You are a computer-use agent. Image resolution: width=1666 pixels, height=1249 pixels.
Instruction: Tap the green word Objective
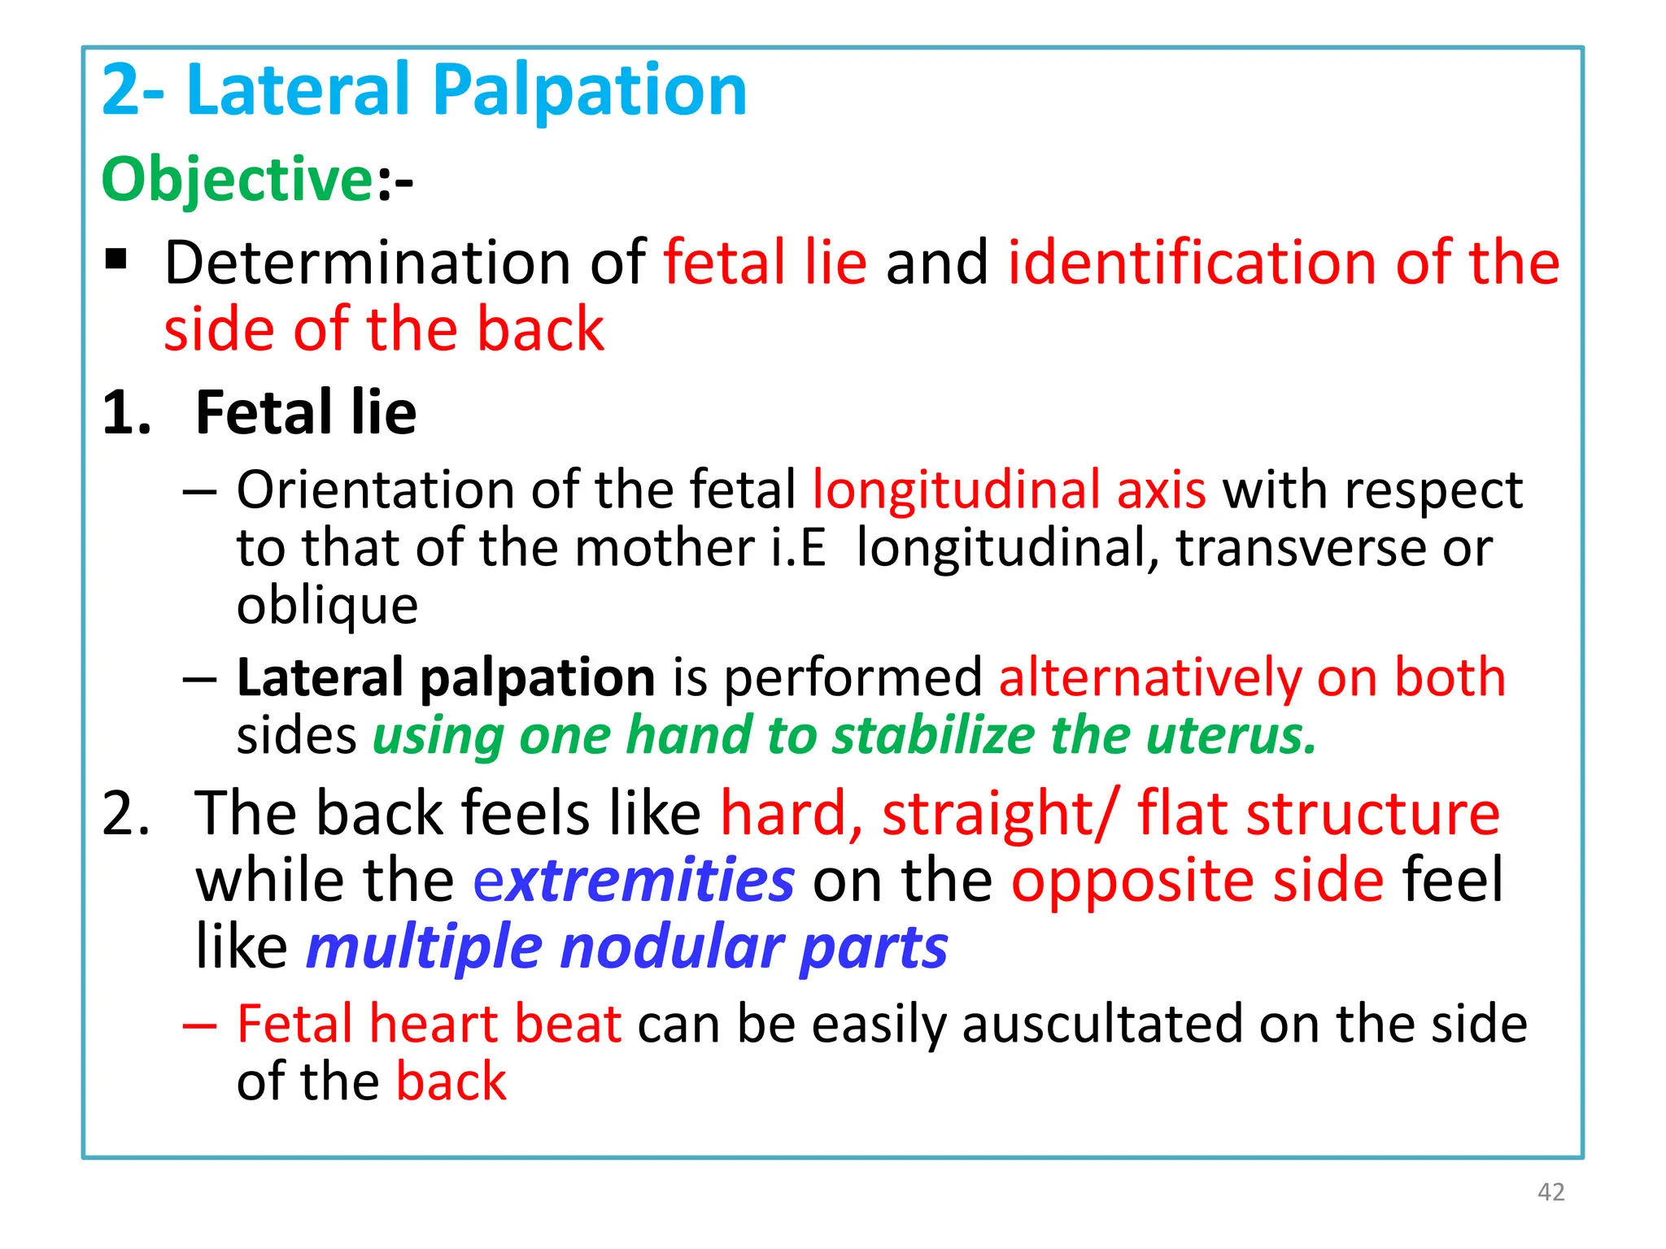click(x=237, y=179)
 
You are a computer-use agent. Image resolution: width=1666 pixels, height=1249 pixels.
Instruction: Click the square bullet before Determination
click(x=116, y=259)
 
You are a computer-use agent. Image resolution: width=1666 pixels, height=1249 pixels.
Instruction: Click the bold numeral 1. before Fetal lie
click(x=126, y=413)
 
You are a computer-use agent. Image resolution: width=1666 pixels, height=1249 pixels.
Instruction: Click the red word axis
click(x=1161, y=490)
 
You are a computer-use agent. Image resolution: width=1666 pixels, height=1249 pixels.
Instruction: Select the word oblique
click(x=327, y=606)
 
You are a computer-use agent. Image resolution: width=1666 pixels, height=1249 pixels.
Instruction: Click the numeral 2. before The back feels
click(x=126, y=812)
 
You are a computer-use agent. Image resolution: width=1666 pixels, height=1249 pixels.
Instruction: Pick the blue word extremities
click(x=634, y=880)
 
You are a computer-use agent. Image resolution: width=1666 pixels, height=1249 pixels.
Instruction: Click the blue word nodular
click(x=671, y=947)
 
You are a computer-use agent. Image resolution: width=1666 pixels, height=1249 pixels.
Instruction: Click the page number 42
click(x=1550, y=1192)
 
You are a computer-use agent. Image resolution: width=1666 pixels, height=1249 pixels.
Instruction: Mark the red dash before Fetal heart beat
click(x=199, y=1025)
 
